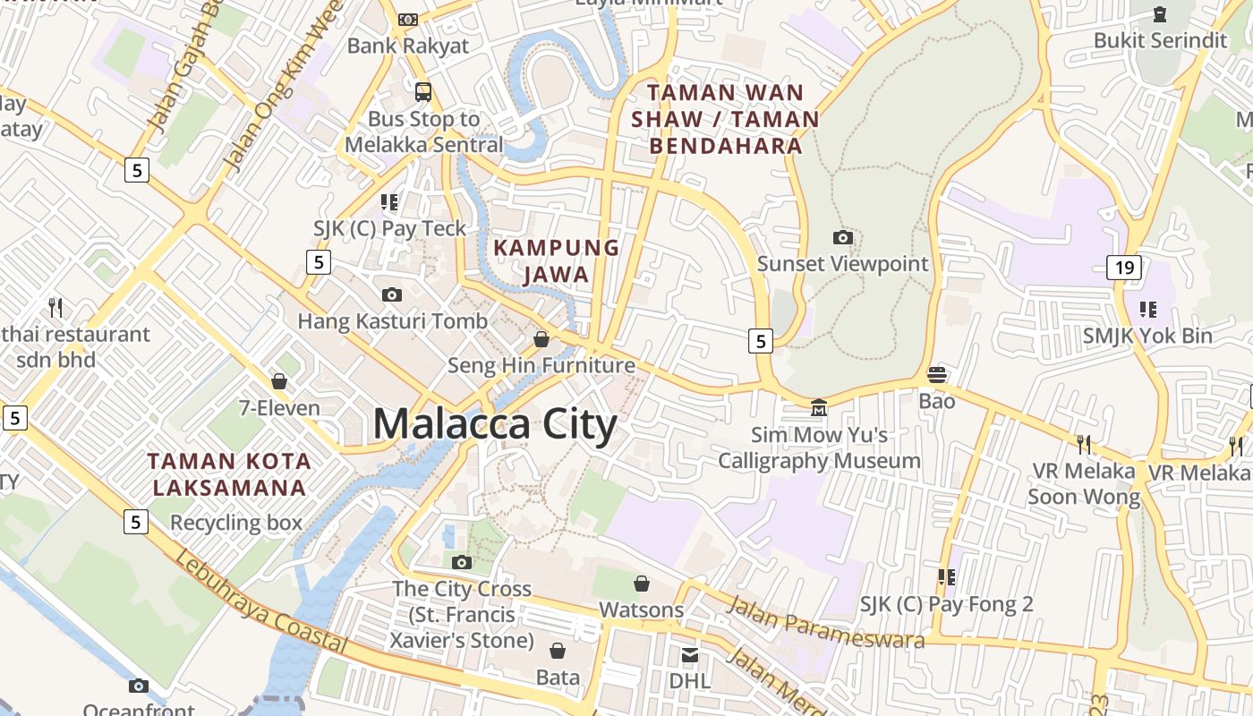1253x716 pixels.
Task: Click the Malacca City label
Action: click(x=494, y=423)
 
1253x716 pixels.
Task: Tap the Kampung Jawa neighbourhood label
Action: click(x=556, y=260)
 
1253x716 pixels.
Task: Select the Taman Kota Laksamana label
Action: click(x=230, y=474)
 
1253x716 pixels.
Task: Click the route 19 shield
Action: click(x=1123, y=267)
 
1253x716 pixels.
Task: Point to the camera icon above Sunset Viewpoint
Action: click(x=842, y=238)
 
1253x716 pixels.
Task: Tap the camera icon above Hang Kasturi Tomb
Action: click(x=391, y=295)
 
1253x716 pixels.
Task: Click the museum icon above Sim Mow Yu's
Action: click(x=818, y=408)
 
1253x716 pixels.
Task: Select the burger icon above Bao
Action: click(x=937, y=374)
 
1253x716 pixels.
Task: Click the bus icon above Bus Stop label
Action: click(x=423, y=91)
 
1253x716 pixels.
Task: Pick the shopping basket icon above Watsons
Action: click(x=642, y=584)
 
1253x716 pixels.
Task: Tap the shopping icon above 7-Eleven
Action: click(x=279, y=382)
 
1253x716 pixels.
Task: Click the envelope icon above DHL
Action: click(x=689, y=656)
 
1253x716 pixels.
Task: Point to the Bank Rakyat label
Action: click(x=408, y=46)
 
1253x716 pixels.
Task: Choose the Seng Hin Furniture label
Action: click(x=541, y=365)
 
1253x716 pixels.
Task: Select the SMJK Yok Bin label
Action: click(x=1147, y=336)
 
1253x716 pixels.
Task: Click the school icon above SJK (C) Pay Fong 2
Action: click(x=945, y=577)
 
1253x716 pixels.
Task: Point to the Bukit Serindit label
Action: click(x=1161, y=40)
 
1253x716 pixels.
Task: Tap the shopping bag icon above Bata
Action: click(x=558, y=651)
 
